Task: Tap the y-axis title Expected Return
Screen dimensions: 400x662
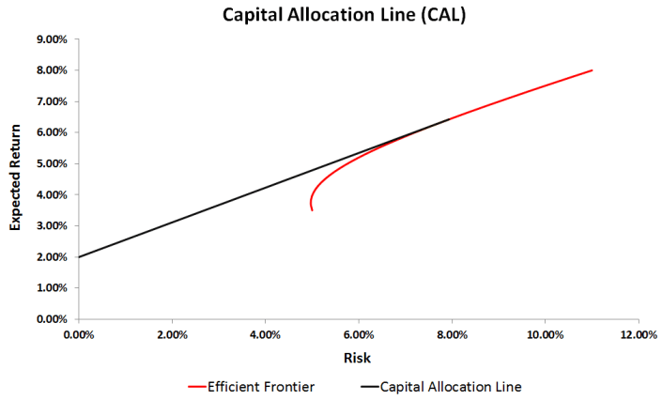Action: pos(16,178)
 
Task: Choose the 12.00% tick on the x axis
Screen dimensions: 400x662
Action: pos(638,334)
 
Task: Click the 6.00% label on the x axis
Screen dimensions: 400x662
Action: pos(359,334)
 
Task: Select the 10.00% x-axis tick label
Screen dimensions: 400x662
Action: pos(545,334)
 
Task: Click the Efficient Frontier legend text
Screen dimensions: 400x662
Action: pos(263,385)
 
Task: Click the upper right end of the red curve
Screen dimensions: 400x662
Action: pos(592,70)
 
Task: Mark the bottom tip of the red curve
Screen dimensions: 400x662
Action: pos(312,210)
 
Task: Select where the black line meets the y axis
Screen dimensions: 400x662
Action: pos(79,256)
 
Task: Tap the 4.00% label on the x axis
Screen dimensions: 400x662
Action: pos(266,334)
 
